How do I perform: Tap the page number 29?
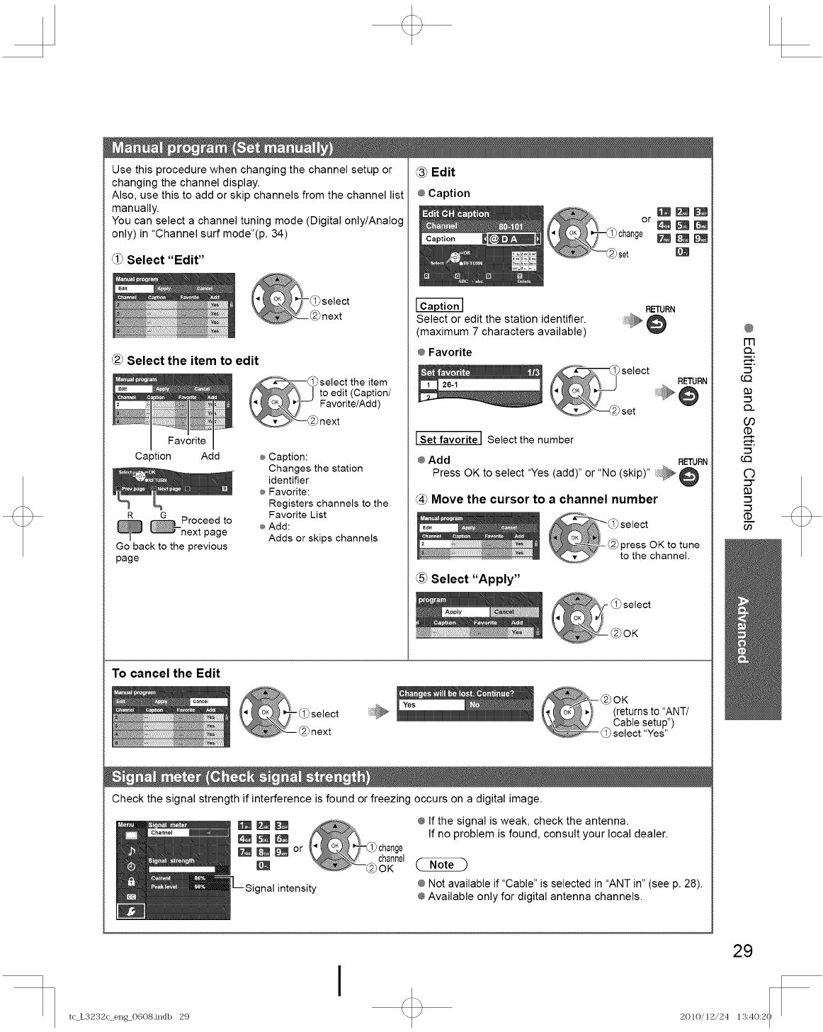pos(742,950)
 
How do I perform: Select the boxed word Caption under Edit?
pos(439,306)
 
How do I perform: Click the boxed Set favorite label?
pos(449,439)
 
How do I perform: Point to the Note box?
pos(442,865)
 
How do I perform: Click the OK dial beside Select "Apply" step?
pos(577,617)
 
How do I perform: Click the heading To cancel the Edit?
pos(166,673)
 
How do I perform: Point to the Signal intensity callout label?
pos(280,888)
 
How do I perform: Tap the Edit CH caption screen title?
pos(455,213)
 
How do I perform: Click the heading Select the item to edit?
pos(192,361)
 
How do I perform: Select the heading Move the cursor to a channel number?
pos(543,500)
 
